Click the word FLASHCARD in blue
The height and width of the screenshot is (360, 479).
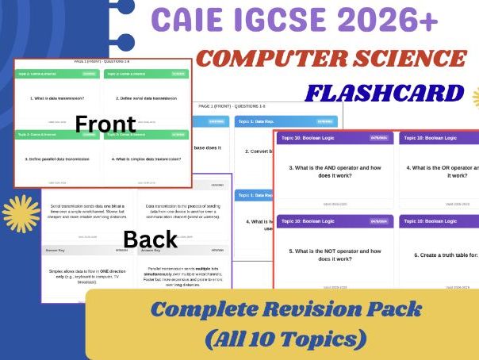click(387, 92)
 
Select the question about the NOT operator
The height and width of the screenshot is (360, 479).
click(335, 254)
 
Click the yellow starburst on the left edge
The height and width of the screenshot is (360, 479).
click(18, 213)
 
